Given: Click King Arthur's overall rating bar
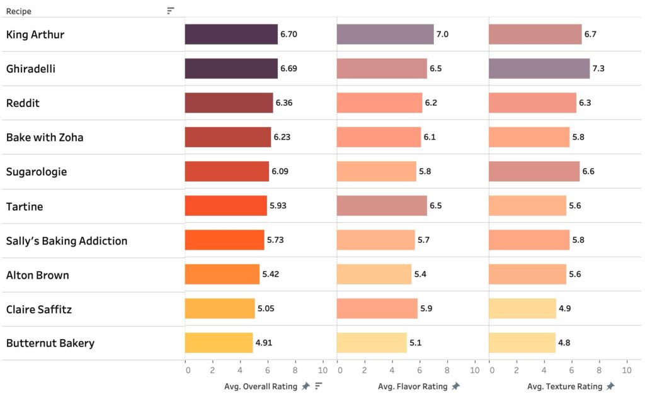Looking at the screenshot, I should pos(231,34).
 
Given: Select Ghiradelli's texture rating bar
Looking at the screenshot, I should pos(539,69).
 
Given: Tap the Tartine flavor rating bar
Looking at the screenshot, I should pos(382,206).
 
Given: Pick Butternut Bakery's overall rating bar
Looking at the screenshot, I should pos(219,343).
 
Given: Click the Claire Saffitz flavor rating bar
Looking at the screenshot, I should pos(377,309).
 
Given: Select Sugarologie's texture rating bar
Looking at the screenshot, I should pos(534,171).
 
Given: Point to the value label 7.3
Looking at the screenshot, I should pos(598,69).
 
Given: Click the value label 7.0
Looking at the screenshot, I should pos(442,34).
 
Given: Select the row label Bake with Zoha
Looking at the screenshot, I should pos(45,137).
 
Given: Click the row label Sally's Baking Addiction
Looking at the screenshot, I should pos(67,240).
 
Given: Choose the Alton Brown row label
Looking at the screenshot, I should pos(38,275).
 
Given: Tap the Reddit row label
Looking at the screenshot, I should pos(23,103).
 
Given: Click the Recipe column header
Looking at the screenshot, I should pos(19,11).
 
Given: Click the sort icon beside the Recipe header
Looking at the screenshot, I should pos(171,11).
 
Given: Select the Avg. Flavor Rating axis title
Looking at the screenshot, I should pos(413,386).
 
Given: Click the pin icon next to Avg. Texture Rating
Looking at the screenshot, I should pos(610,386).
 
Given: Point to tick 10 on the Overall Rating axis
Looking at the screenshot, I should pos(323,370).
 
